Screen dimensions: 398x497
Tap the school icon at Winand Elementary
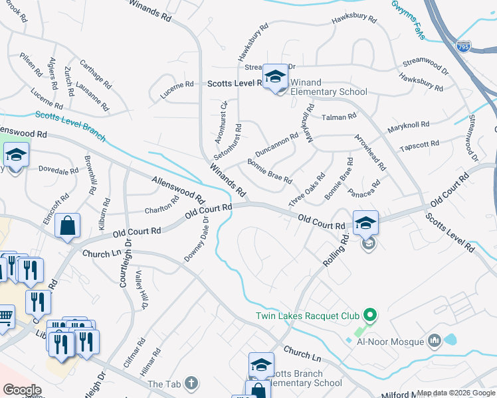(276, 77)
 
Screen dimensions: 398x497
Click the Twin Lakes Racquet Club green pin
(371, 314)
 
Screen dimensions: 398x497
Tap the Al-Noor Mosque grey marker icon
(435, 341)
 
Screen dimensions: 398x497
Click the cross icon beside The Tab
(191, 383)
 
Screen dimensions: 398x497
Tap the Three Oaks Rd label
(307, 190)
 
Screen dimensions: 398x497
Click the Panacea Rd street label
(364, 188)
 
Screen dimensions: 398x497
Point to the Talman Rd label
(339, 117)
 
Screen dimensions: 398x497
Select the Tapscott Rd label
(419, 144)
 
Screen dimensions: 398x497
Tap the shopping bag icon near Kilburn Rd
(68, 226)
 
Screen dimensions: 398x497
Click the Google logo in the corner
(22, 390)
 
